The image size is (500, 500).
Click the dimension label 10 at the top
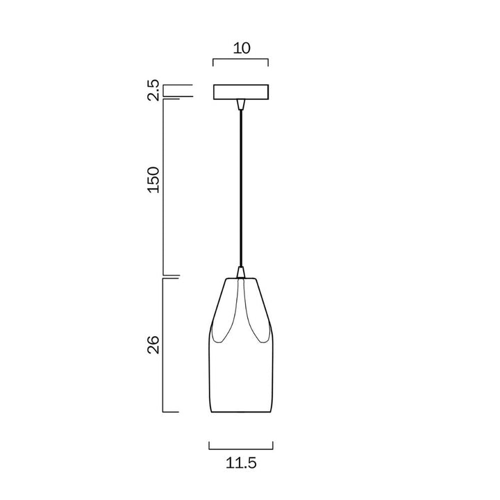point(242,48)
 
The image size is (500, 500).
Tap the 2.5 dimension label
point(153,90)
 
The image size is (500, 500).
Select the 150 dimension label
point(153,180)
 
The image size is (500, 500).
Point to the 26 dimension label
point(153,344)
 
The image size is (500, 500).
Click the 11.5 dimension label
point(241,462)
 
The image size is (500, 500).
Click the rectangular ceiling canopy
point(241,92)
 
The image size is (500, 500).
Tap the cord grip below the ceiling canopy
point(241,104)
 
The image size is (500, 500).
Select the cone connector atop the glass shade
point(241,272)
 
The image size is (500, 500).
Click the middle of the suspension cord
point(241,188)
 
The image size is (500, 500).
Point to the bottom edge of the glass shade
point(242,412)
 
